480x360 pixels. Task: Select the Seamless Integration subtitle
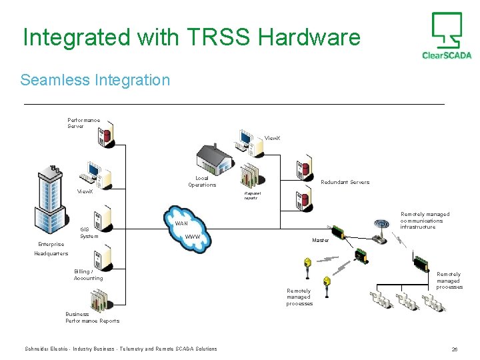coord(95,80)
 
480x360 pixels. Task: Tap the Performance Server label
coord(83,123)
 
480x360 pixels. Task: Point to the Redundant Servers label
coord(345,182)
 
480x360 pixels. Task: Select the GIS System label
coord(89,233)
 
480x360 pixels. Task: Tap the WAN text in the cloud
coord(181,223)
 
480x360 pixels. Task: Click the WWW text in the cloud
coord(193,237)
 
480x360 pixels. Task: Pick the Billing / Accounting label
coord(88,275)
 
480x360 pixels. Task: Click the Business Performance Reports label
coord(92,317)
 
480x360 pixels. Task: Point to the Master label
coord(320,240)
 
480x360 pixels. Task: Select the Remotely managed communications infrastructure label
coord(425,221)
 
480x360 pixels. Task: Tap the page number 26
coord(454,349)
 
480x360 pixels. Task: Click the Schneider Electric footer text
coord(121,349)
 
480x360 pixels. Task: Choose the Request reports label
coord(252,195)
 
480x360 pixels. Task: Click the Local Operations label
coord(202,181)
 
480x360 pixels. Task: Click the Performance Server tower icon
coord(105,133)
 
